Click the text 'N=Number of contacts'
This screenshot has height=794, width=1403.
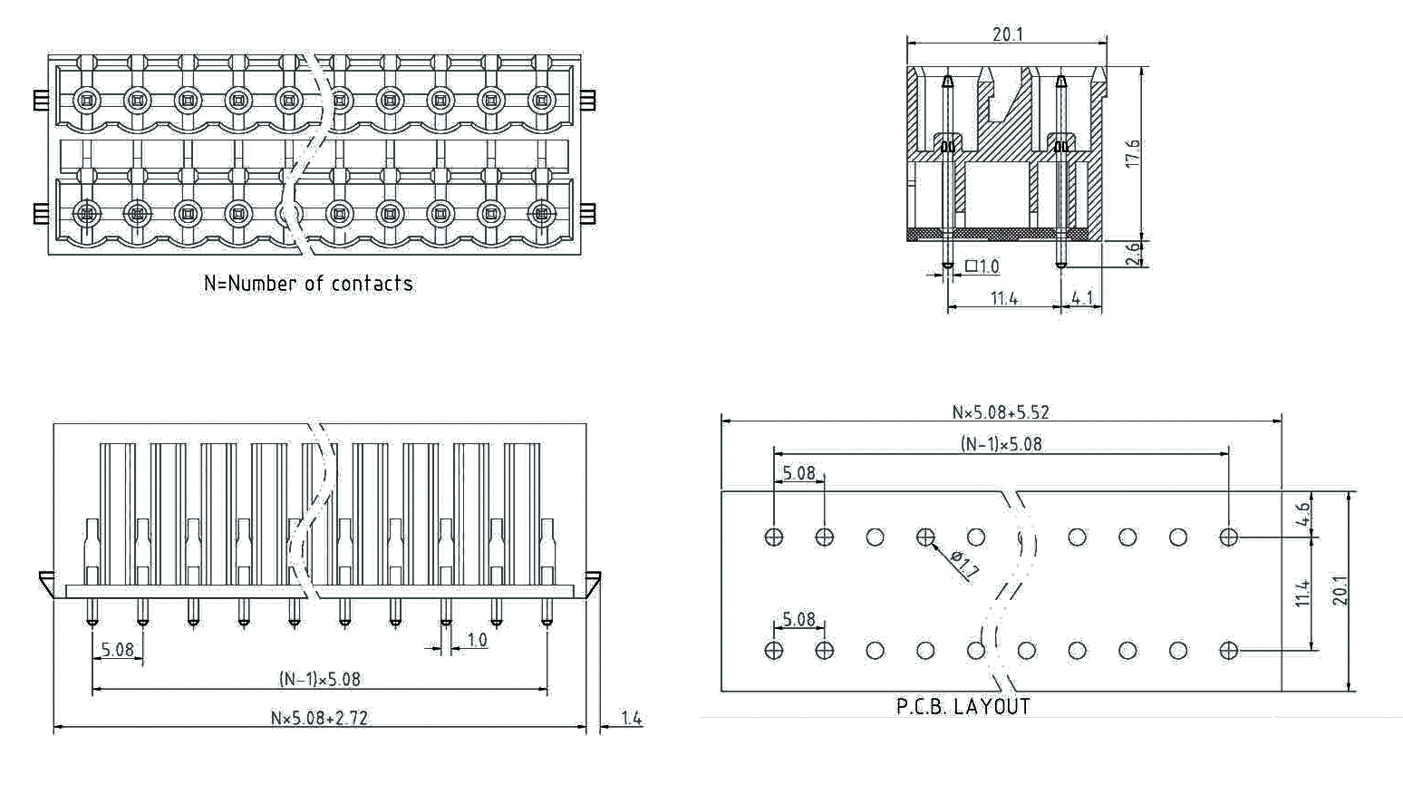click(308, 284)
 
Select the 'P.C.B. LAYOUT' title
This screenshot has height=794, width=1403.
click(963, 707)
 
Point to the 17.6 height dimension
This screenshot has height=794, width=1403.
click(1132, 152)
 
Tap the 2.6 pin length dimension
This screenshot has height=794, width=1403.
click(1133, 254)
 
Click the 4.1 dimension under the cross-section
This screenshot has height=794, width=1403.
click(1082, 298)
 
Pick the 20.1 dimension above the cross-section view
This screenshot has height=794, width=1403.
click(1007, 34)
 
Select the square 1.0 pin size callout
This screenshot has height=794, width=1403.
click(982, 266)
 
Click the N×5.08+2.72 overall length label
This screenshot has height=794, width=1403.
click(319, 718)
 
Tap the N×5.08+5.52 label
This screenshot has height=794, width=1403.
click(1001, 412)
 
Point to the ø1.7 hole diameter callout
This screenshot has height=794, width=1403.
click(964, 565)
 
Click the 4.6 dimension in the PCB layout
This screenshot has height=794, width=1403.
click(1302, 514)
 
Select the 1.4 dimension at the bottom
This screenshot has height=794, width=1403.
click(631, 719)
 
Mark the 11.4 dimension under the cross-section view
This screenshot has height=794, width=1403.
click(1003, 298)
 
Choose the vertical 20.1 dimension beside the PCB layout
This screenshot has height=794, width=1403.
click(1340, 590)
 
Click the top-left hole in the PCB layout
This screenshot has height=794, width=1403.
click(773, 537)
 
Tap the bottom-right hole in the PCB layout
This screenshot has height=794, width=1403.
click(1228, 651)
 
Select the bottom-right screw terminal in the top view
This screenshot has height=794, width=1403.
click(541, 214)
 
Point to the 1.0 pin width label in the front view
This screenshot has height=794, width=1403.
click(477, 640)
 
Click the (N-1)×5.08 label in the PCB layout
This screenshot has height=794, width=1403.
click(1001, 444)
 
